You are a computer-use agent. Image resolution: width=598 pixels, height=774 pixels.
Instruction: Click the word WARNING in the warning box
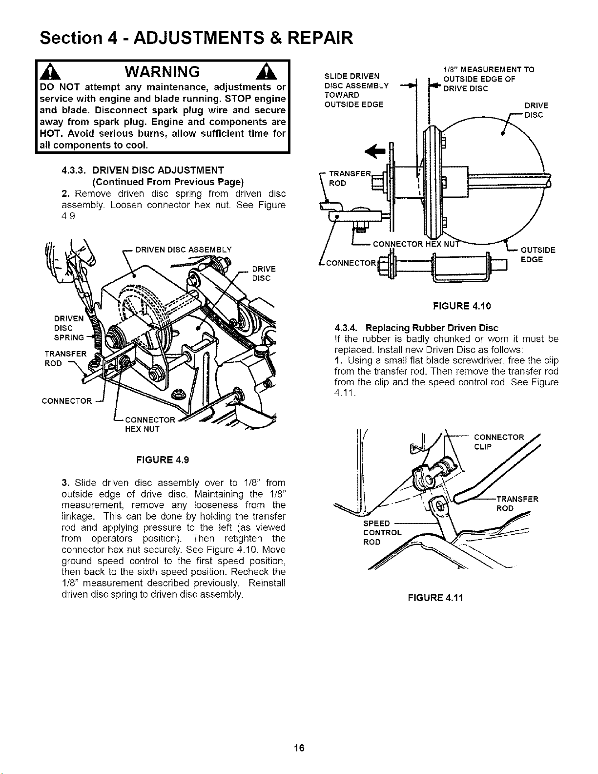click(162, 72)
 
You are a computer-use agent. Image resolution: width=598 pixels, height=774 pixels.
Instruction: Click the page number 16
click(299, 747)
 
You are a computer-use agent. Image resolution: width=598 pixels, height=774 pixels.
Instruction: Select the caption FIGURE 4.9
click(163, 460)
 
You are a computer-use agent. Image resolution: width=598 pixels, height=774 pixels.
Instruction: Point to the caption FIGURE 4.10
click(462, 306)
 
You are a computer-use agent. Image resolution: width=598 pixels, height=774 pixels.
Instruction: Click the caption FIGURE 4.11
click(435, 598)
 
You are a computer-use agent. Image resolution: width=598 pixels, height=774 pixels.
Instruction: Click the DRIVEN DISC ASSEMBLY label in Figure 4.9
click(184, 250)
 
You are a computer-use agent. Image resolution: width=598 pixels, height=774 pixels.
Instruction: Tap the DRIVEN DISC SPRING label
click(69, 328)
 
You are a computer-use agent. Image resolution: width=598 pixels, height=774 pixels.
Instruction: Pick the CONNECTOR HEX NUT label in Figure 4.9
click(150, 424)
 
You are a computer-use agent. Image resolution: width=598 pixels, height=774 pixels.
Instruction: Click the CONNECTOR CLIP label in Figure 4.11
click(499, 441)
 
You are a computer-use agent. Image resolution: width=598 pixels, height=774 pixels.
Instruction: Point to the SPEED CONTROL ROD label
click(382, 532)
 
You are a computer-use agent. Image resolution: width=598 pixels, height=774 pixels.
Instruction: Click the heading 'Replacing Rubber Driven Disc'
click(432, 328)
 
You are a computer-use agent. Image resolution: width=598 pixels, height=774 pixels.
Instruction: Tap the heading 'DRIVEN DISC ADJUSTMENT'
click(158, 170)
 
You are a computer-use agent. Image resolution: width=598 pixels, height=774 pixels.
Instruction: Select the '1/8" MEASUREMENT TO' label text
click(488, 69)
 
